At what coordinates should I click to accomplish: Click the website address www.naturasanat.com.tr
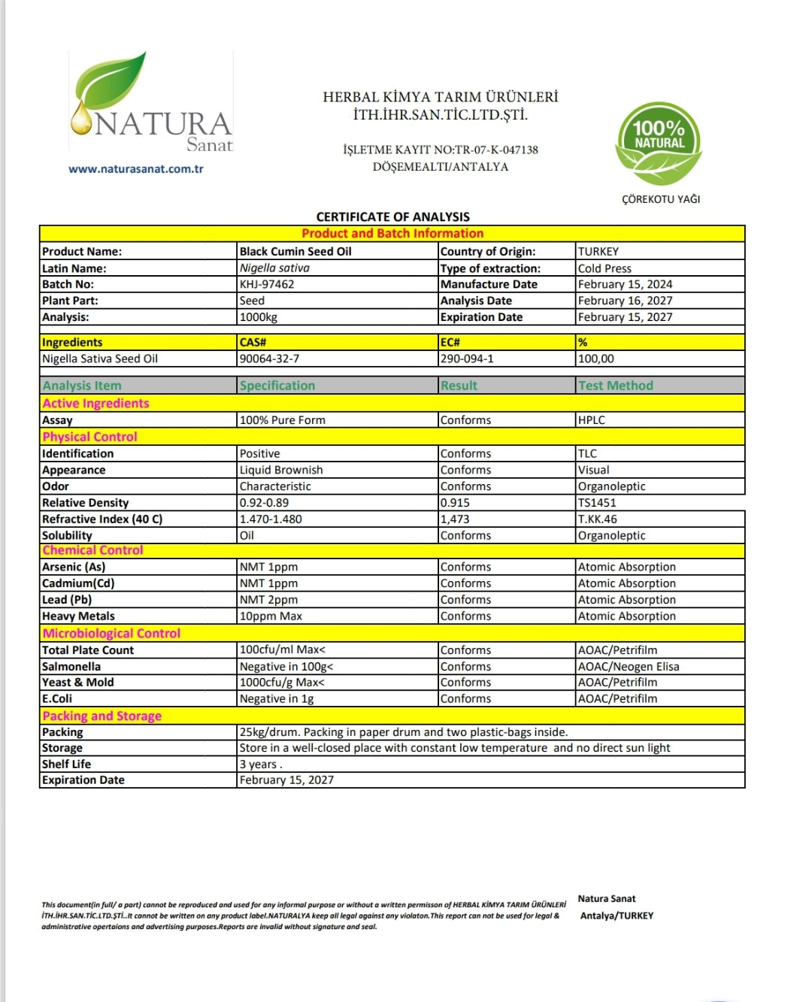coord(136,169)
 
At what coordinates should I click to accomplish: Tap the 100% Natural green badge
coord(659,143)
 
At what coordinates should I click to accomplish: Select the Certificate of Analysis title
coord(392,216)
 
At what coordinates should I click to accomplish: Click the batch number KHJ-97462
coord(267,284)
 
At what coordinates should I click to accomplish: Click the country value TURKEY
coord(598,251)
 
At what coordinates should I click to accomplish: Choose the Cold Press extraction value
coord(604,268)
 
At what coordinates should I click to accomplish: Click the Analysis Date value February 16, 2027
coord(625,301)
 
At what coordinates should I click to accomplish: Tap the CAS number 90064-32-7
coord(269,359)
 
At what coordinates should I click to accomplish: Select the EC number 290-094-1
coord(467,359)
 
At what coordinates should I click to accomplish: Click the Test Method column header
coord(616,386)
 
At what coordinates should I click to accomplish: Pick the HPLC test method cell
coord(592,420)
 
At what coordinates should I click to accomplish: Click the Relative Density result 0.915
coord(455,503)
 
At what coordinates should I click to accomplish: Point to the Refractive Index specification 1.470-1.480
coord(271,519)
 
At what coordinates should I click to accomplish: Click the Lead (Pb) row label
coord(67,600)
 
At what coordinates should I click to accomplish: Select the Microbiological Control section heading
coord(111,634)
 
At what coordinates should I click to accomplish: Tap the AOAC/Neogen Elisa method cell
coord(629,667)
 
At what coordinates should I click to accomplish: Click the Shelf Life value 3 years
coord(260,764)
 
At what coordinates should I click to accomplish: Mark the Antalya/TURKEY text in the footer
coord(617,916)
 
